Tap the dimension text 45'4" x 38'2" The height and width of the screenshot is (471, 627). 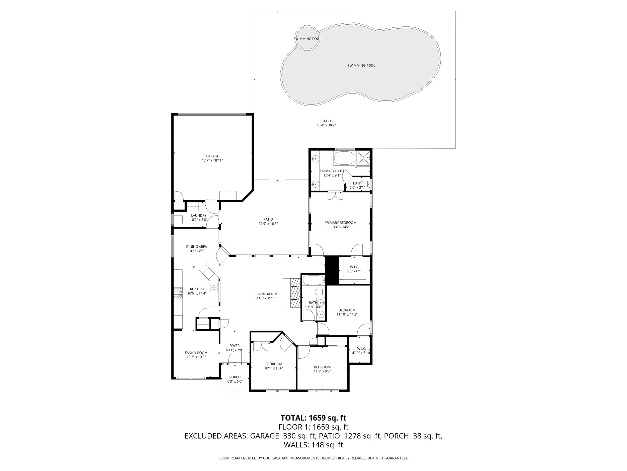[326, 125]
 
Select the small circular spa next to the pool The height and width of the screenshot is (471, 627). [307, 38]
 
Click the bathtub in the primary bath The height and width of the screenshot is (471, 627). [344, 159]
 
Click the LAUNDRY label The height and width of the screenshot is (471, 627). [198, 216]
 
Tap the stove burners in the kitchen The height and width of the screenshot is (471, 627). [178, 293]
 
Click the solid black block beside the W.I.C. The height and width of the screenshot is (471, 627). [332, 270]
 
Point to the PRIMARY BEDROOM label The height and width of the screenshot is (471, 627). [340, 223]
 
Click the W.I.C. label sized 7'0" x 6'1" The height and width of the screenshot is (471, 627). [354, 267]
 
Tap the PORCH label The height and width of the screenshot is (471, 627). [235, 377]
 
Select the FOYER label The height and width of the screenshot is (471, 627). [234, 346]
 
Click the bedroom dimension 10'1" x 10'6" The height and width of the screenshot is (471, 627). [274, 368]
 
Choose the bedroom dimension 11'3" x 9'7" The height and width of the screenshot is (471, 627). [322, 371]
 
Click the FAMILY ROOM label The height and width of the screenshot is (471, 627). [196, 353]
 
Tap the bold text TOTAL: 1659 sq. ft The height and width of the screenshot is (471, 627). [313, 418]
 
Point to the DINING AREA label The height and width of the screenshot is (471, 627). [196, 247]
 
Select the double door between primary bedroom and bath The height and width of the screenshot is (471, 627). [335, 196]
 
